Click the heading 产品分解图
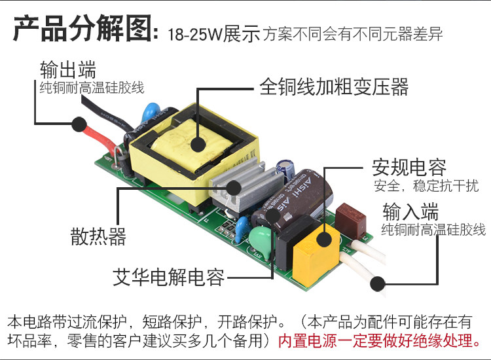(x=82, y=30)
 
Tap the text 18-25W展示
(x=213, y=34)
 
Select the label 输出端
(x=68, y=69)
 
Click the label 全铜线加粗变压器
(x=333, y=86)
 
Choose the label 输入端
(x=410, y=212)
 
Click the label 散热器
(x=98, y=236)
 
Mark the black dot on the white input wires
(x=377, y=283)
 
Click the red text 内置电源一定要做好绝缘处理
(x=380, y=340)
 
